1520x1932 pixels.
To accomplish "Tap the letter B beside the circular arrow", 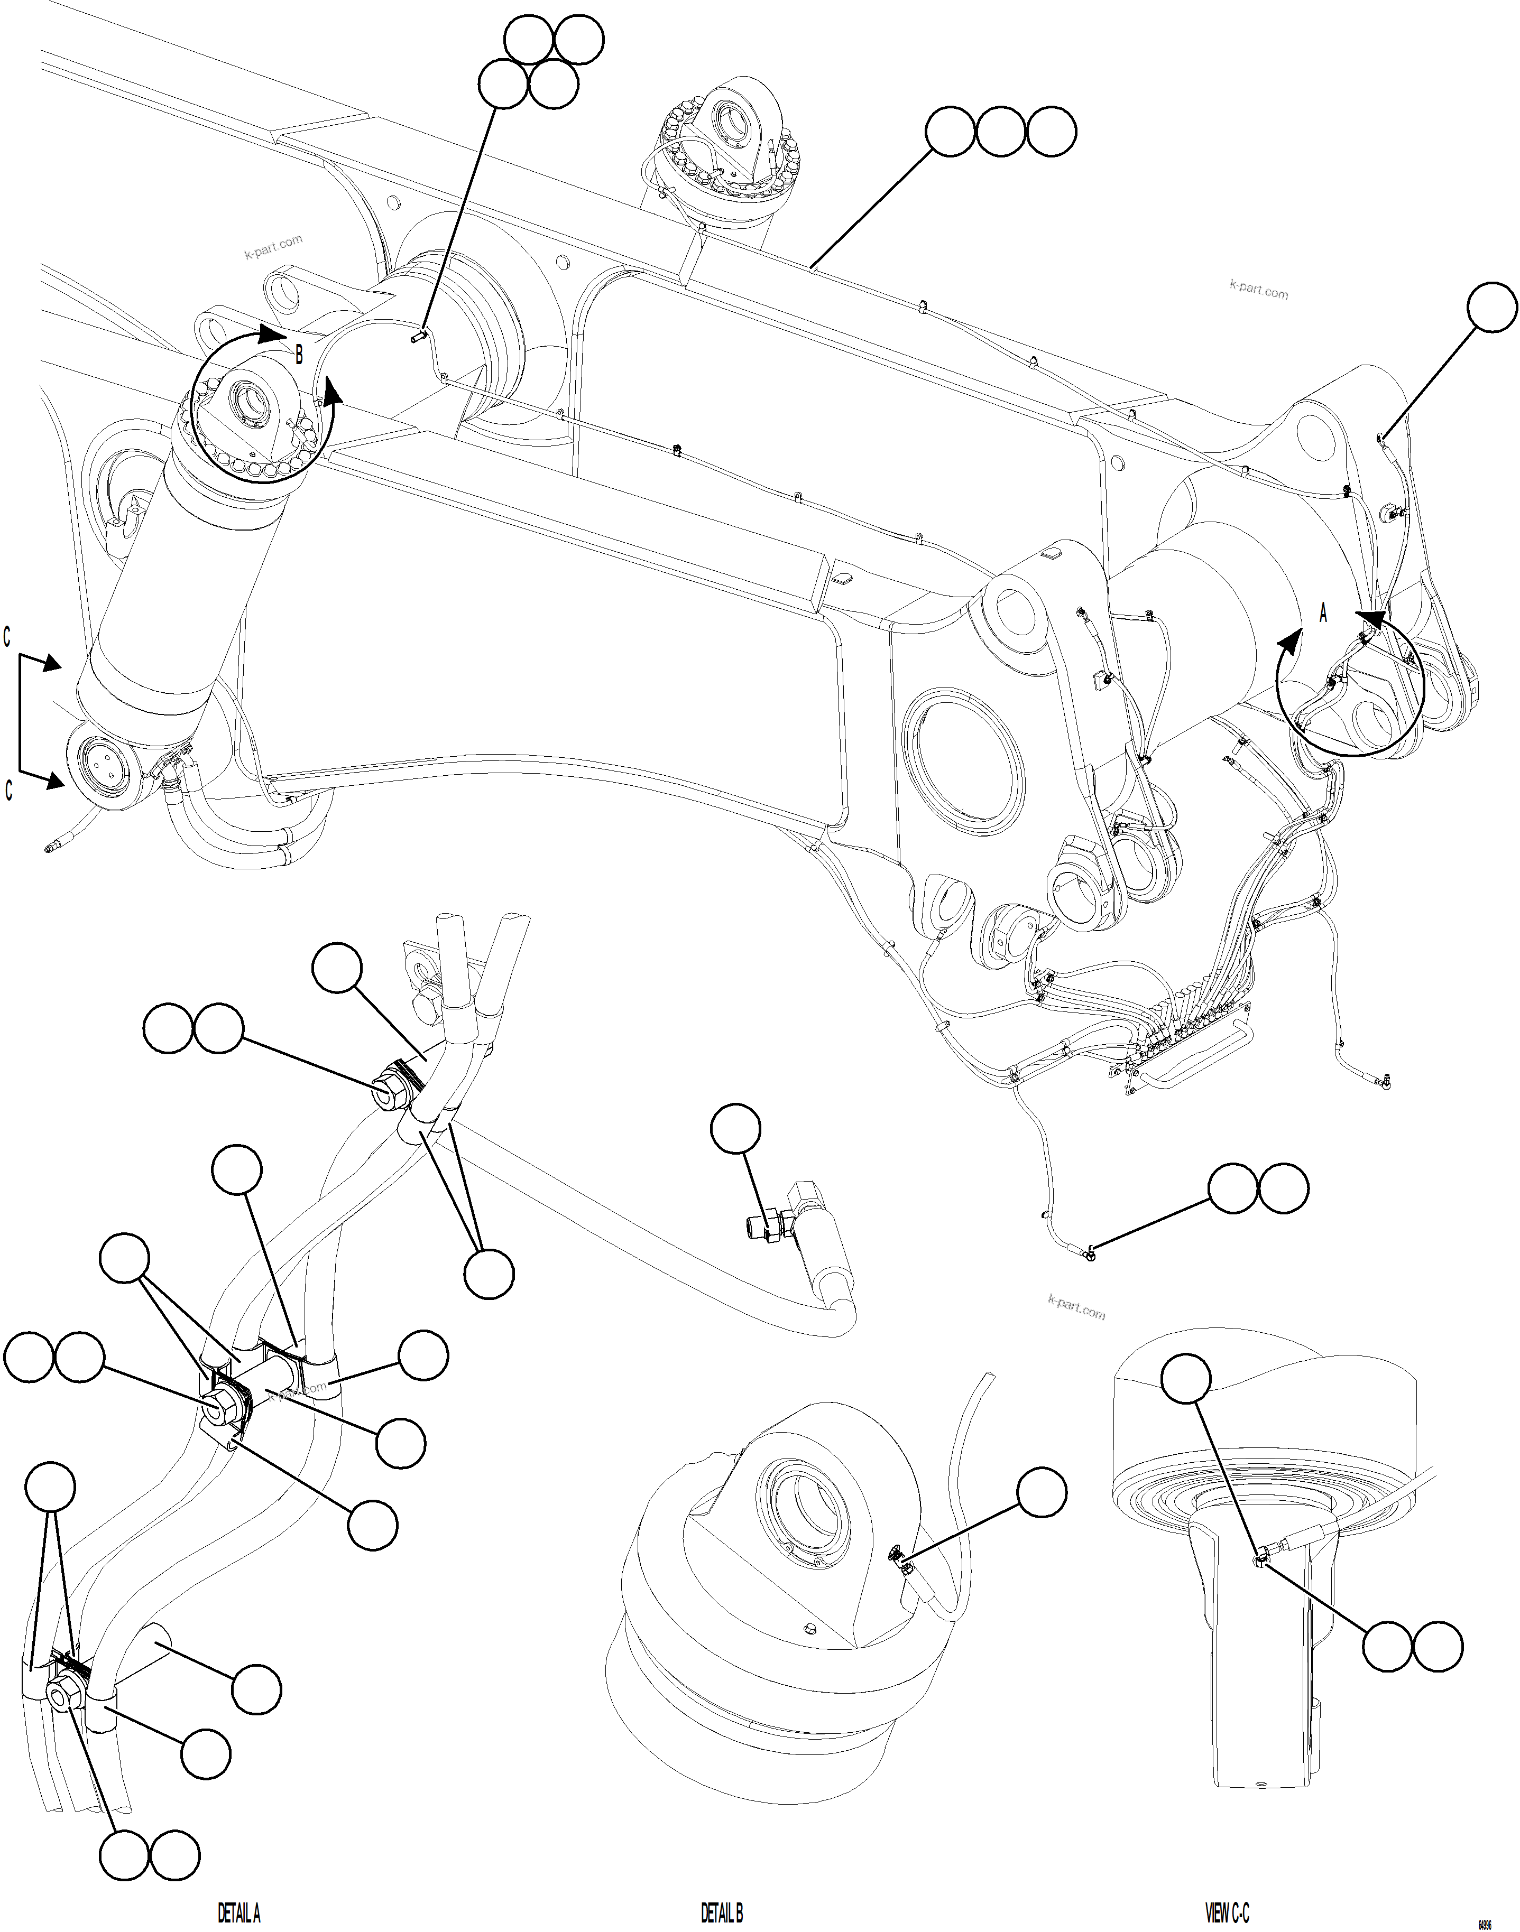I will tap(299, 355).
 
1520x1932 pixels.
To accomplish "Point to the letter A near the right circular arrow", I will tap(1322, 614).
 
